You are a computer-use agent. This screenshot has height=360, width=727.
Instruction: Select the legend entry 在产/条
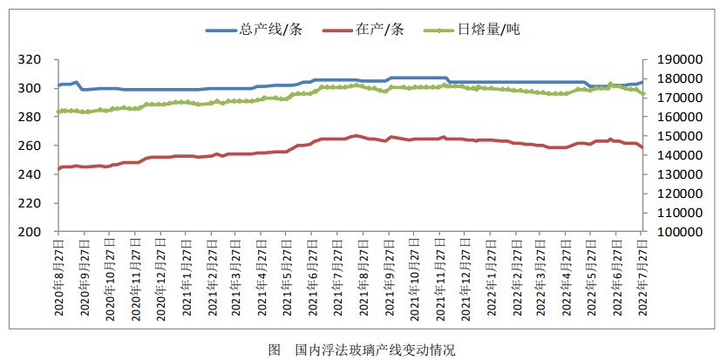380,30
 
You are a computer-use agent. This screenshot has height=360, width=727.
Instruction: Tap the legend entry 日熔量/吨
489,30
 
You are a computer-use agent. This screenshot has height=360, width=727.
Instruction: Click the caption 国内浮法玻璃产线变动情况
375,349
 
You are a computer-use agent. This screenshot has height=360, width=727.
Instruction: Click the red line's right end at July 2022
642,147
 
